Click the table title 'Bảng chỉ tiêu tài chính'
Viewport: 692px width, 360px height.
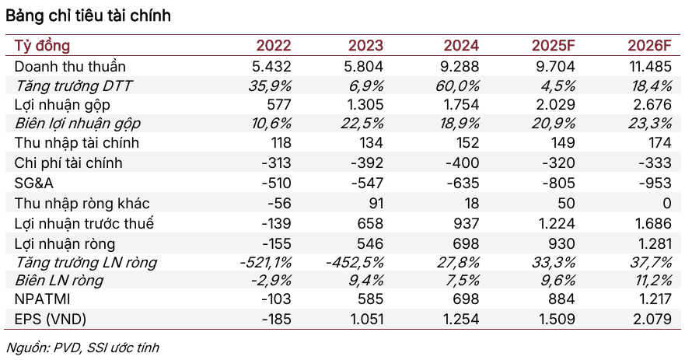(x=89, y=16)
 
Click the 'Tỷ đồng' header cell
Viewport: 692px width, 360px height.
(x=43, y=46)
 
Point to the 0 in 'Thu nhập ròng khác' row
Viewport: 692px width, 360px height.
(x=665, y=203)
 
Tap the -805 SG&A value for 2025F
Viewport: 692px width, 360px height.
(x=557, y=183)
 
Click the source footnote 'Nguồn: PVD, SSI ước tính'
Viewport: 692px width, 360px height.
(x=82, y=347)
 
